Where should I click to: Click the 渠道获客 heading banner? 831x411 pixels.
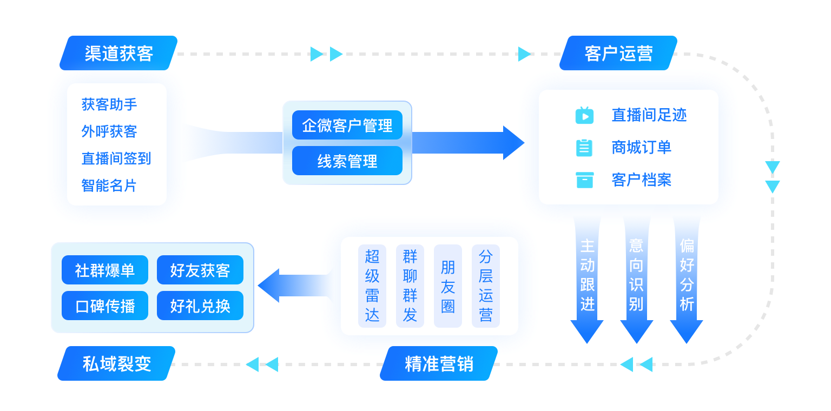[118, 54]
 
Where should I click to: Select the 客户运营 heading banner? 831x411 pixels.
[618, 54]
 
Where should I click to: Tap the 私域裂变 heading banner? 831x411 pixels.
[116, 363]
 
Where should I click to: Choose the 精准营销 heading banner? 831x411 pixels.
[439, 363]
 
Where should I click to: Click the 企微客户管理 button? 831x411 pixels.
[347, 125]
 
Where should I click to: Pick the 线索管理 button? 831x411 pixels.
[347, 161]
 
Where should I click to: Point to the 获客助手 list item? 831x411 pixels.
[109, 104]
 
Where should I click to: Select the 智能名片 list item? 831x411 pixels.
[109, 185]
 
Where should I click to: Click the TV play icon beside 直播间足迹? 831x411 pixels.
[584, 115]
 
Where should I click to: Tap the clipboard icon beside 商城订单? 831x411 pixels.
[584, 148]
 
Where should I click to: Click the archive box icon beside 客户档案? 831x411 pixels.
[584, 180]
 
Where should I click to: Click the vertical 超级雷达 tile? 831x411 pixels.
[372, 286]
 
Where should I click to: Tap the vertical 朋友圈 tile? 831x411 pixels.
[448, 286]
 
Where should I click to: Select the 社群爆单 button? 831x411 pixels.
[105, 270]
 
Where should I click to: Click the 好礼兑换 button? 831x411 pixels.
[200, 306]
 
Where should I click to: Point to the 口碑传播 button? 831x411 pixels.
[105, 306]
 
